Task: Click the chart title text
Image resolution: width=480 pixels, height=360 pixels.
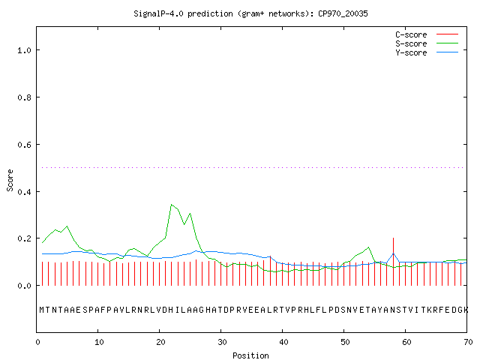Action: coord(250,13)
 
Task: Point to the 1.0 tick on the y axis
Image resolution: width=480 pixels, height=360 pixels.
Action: coord(24,50)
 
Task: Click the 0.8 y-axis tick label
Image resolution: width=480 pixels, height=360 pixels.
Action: coord(24,97)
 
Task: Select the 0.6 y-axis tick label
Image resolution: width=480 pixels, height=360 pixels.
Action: coord(24,145)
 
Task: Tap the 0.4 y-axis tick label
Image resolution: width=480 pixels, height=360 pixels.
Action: coord(24,192)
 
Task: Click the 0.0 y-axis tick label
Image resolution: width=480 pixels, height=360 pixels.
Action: coord(24,286)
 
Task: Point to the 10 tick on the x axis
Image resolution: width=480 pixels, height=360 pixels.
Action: coord(99,342)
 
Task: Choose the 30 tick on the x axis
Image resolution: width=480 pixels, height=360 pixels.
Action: coord(222,342)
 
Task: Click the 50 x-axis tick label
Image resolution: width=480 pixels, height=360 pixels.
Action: coord(345,342)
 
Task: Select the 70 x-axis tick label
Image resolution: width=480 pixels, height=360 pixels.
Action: coord(468,342)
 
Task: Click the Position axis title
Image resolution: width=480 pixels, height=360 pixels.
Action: coord(250,355)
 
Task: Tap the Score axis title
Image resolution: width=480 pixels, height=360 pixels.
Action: coord(10,180)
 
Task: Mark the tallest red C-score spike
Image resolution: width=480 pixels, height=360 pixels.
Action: coord(393,262)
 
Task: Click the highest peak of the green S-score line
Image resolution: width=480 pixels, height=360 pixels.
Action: coord(172,205)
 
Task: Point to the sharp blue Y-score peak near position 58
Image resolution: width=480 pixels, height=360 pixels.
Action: coord(393,253)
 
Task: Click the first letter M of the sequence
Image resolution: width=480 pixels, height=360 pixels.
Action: coord(42,310)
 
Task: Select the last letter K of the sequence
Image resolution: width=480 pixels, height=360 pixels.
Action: coord(466,310)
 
